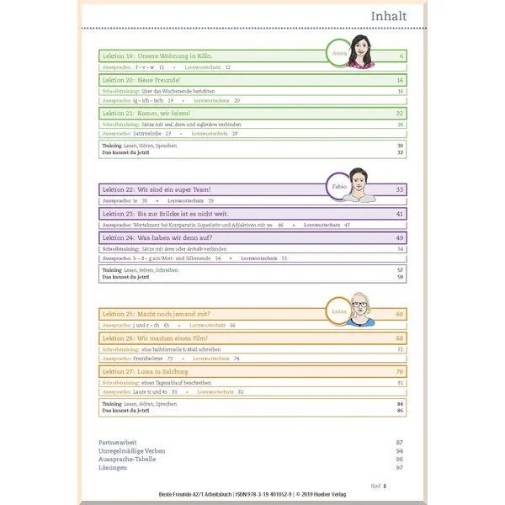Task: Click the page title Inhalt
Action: (x=390, y=16)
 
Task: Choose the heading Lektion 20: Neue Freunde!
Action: (x=134, y=80)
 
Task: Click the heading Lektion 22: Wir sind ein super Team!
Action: (x=156, y=190)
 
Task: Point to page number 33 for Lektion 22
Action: (x=400, y=190)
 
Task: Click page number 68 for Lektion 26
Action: (x=400, y=338)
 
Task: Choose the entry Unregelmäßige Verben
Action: (x=132, y=451)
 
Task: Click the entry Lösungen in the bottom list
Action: (x=114, y=469)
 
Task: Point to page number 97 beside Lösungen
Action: (x=400, y=469)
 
